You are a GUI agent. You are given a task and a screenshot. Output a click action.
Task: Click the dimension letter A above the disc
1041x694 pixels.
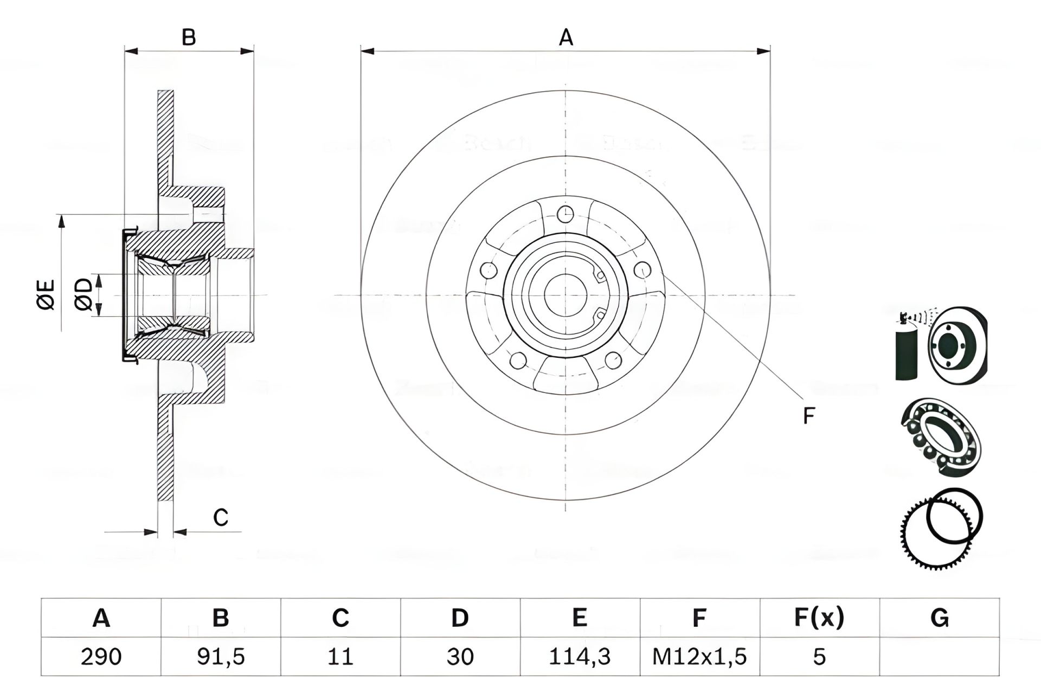[x=566, y=38]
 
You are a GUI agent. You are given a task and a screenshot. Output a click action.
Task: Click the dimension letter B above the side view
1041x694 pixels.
[x=189, y=38]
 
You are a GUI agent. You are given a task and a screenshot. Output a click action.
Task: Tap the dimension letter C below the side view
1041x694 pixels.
[x=220, y=518]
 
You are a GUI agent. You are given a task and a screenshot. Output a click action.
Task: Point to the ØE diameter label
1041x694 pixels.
[x=47, y=294]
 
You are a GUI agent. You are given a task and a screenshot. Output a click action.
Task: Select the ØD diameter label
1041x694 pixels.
[x=84, y=294]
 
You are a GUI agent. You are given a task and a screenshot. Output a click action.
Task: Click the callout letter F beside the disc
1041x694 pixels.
[x=808, y=416]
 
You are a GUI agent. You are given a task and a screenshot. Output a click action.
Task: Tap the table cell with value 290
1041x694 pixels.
[x=101, y=657]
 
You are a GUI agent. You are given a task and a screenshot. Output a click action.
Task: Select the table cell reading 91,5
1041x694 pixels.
[x=221, y=657]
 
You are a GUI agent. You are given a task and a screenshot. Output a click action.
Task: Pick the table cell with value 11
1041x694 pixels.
[x=340, y=657]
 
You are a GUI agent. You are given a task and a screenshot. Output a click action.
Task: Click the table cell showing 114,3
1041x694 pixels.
[x=580, y=657]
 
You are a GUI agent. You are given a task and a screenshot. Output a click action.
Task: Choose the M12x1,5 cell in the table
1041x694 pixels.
[x=699, y=657]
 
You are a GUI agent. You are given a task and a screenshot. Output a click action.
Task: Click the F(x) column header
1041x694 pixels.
[x=819, y=618]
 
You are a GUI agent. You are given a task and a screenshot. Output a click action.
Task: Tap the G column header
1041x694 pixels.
[x=939, y=618]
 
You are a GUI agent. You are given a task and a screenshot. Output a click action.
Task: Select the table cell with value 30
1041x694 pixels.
[x=460, y=657]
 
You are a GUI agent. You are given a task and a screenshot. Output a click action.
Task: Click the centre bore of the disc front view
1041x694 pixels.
[x=566, y=295]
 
